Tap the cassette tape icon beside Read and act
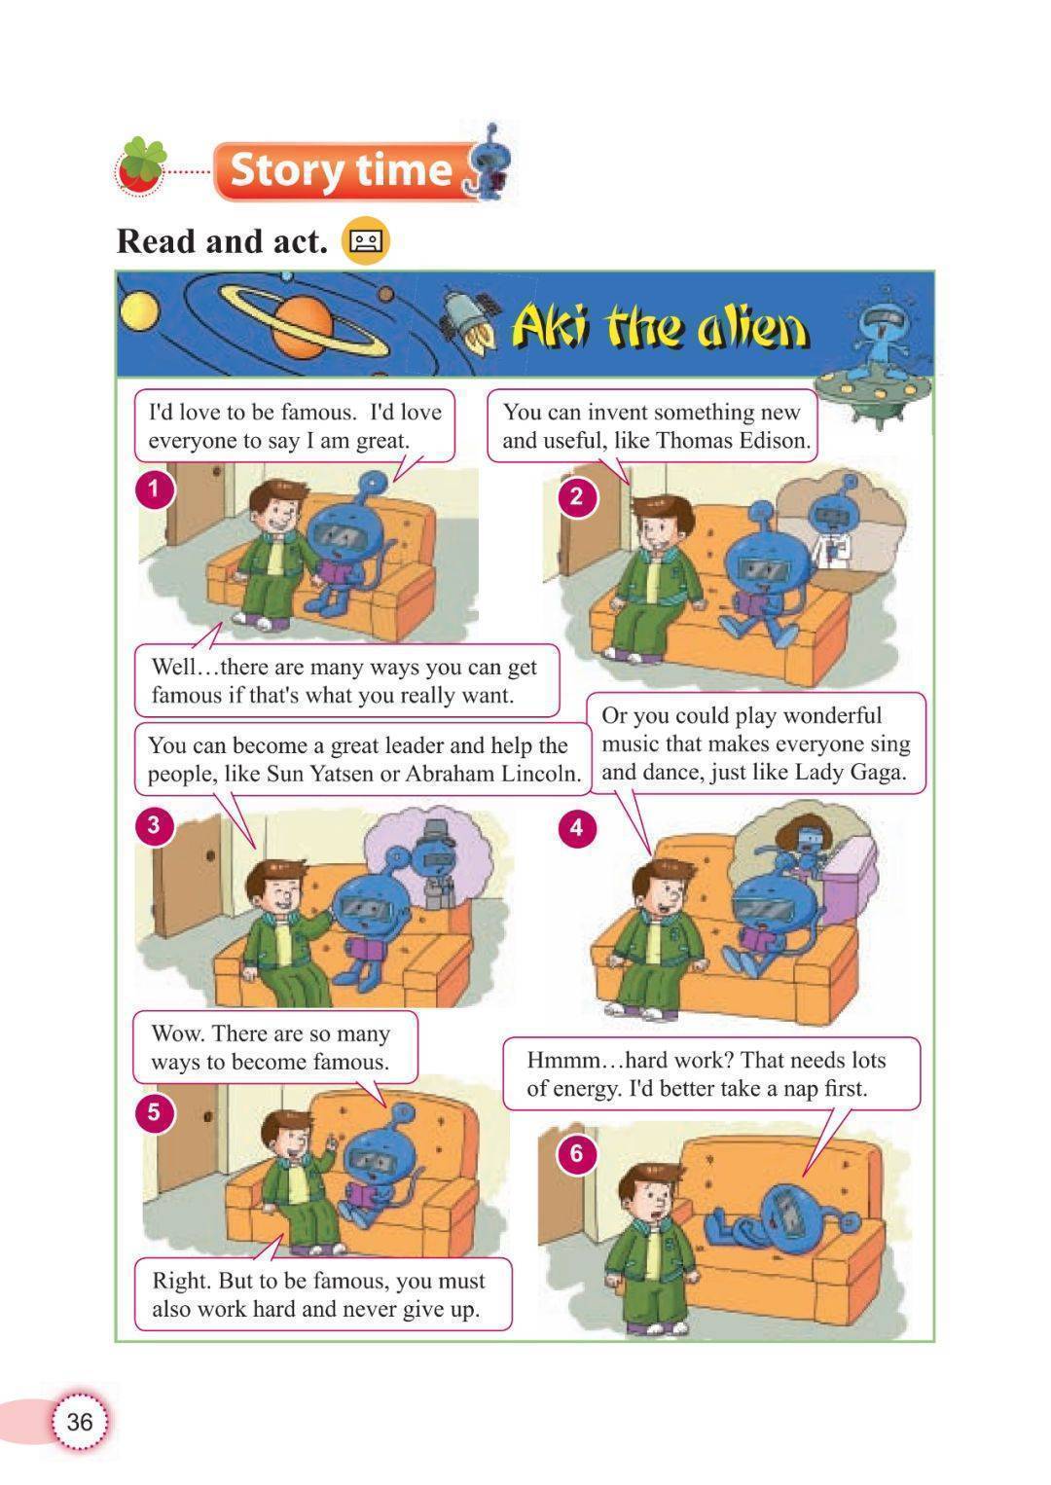[365, 240]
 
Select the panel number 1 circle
[155, 491]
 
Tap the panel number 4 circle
[577, 827]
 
